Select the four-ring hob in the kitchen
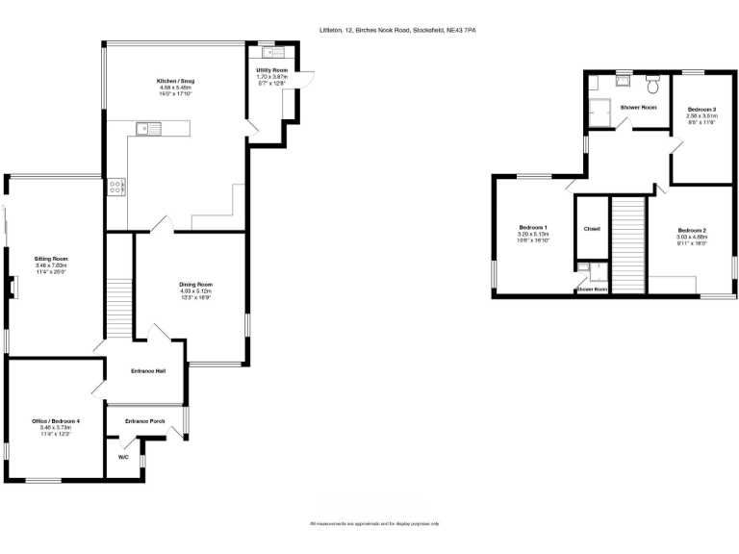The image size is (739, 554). tap(117, 187)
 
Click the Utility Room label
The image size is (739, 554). tap(272, 70)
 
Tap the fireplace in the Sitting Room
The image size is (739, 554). tap(13, 288)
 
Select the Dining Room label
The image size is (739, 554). tap(195, 284)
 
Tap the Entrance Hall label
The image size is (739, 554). tap(149, 370)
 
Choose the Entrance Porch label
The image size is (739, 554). tap(145, 420)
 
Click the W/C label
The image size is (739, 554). tap(123, 457)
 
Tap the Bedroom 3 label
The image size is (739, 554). tap(701, 110)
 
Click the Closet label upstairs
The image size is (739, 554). tap(592, 229)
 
